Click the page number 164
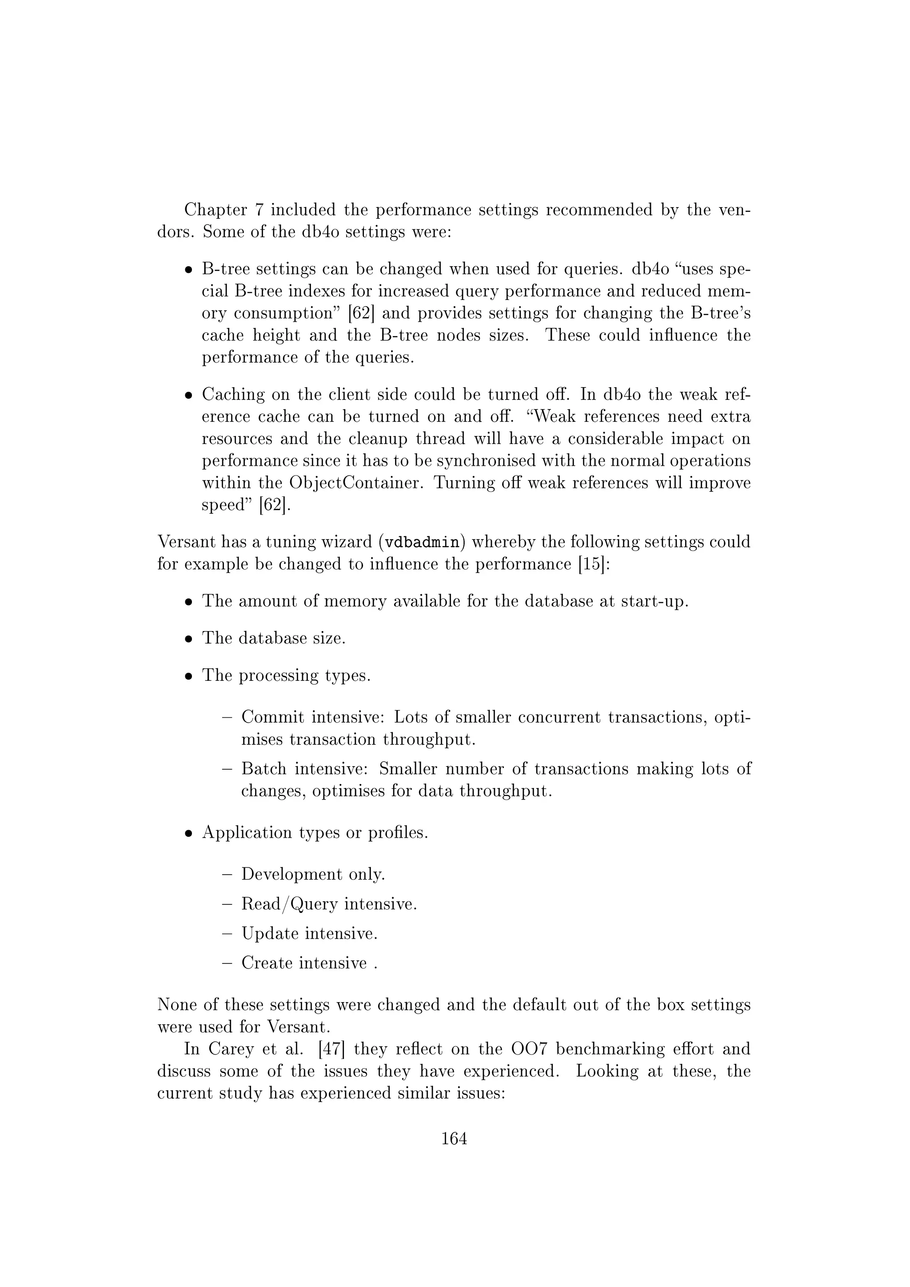(x=454, y=1139)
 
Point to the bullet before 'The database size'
(x=189, y=639)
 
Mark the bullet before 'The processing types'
(x=189, y=676)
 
